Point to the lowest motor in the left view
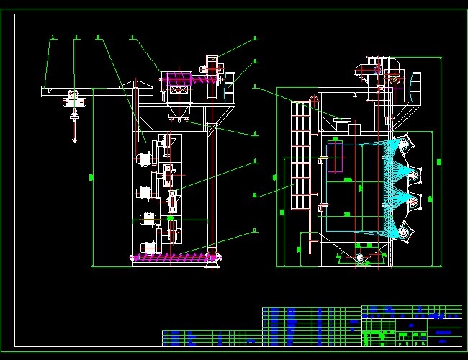pos(148,247)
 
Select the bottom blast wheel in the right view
pos(405,232)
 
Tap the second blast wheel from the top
pos(413,175)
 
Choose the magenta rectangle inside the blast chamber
pos(335,158)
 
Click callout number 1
pos(52,36)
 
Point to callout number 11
pos(254,231)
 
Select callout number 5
pos(255,38)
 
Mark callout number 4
pos(132,36)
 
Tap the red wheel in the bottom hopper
pos(360,257)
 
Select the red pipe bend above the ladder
pos(312,99)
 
